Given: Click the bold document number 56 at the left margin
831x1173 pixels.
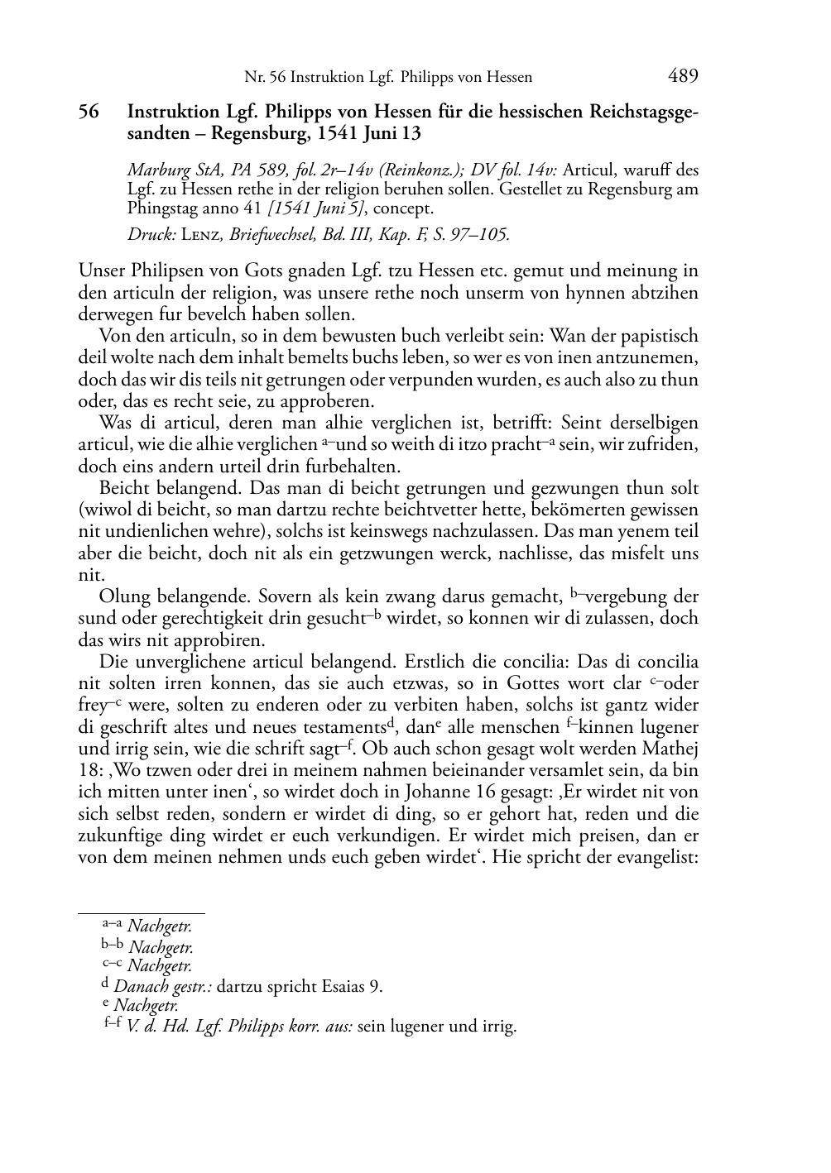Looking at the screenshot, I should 89,112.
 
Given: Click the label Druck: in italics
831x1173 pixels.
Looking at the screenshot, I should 147,234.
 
